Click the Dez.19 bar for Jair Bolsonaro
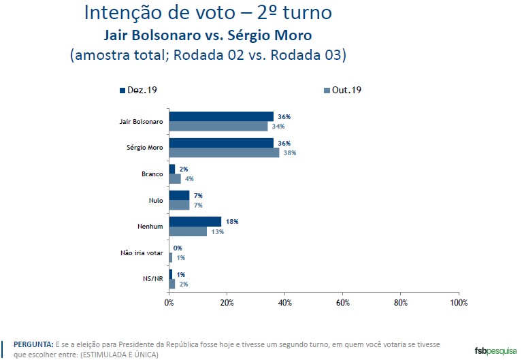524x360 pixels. pyautogui.click(x=221, y=116)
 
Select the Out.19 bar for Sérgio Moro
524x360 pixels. pyautogui.click(x=224, y=152)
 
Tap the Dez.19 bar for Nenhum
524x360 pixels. pyautogui.click(x=195, y=222)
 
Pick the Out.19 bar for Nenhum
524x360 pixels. pyautogui.click(x=188, y=231)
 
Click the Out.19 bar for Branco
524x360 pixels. pyautogui.click(x=175, y=179)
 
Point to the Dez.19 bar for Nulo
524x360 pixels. pyautogui.click(x=179, y=195)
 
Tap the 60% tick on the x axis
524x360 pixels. pyautogui.click(x=343, y=301)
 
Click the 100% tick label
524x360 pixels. pyautogui.click(x=458, y=301)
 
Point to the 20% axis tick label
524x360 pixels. pyautogui.click(x=227, y=301)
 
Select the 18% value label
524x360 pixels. pyautogui.click(x=233, y=222)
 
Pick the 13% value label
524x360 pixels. pyautogui.click(x=218, y=232)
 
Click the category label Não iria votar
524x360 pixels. pyautogui.click(x=141, y=252)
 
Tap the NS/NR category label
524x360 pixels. pyautogui.click(x=152, y=279)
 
